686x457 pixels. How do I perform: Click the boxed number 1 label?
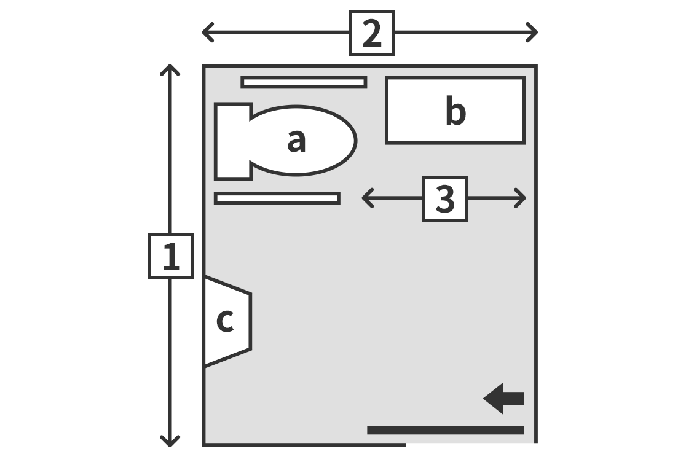[x=171, y=256]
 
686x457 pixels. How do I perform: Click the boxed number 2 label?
[x=372, y=33]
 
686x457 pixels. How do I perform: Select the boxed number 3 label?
[x=446, y=198]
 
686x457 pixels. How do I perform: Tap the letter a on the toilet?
[x=296, y=141]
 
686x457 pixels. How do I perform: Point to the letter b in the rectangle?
[x=455, y=111]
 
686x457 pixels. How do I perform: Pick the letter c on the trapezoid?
[x=225, y=321]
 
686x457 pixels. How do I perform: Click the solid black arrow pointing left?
[x=503, y=399]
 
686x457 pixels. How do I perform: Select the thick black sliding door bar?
[x=446, y=431]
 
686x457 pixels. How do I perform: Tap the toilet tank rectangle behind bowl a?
[x=233, y=141]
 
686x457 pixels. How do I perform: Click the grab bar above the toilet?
[x=304, y=82]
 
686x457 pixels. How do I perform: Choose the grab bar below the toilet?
[x=277, y=198]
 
